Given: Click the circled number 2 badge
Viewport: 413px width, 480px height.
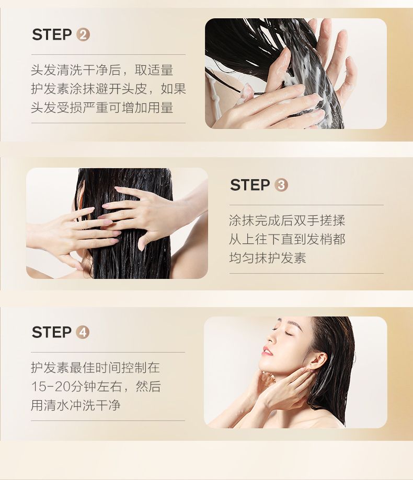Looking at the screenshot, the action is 83,35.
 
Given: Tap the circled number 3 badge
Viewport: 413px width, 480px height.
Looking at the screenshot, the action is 281,185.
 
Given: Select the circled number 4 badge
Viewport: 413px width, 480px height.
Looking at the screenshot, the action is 83,333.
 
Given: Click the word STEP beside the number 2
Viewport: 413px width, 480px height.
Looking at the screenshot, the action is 52,34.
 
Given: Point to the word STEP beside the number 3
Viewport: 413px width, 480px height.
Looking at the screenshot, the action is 250,185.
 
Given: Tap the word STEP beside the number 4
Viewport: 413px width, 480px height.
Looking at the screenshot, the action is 51,332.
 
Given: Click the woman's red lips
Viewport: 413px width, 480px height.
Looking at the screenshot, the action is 267,351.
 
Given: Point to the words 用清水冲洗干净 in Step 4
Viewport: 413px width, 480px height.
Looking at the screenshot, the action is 76,405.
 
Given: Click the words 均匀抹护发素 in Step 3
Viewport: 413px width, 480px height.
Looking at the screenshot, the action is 268,257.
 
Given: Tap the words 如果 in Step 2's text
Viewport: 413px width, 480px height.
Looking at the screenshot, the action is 174,89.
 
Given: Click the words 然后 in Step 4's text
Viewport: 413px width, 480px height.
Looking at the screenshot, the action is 148,387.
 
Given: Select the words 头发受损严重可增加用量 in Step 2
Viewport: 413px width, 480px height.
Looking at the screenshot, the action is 102,108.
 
